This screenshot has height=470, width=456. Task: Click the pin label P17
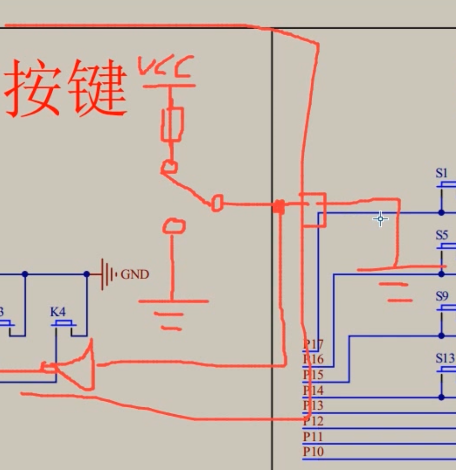[313, 344]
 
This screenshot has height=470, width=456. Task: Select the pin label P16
[313, 360]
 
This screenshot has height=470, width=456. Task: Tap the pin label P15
[313, 375]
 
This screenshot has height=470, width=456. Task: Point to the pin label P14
[313, 390]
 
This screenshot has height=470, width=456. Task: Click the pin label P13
[313, 406]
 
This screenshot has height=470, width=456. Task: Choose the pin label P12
[313, 421]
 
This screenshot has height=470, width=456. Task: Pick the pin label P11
[313, 436]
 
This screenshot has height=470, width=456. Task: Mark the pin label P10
[313, 452]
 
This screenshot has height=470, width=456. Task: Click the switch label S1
[441, 173]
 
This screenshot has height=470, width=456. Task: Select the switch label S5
[441, 235]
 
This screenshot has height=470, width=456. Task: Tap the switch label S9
[441, 296]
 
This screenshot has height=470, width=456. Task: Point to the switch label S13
[444, 358]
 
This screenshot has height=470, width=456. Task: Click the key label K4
[58, 312]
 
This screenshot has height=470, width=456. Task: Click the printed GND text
[135, 275]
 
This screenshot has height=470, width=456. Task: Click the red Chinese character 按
[33, 88]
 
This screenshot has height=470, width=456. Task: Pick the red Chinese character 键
[97, 88]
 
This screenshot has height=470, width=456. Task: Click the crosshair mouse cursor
[381, 218]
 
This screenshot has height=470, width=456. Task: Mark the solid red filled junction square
[279, 207]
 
